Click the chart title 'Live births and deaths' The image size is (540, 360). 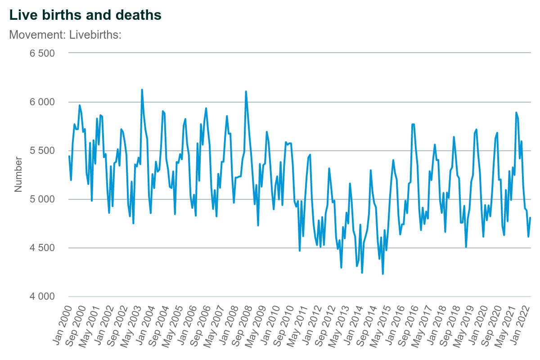(x=85, y=15)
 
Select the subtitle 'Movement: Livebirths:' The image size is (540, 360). (x=65, y=35)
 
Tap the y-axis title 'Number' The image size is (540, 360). (x=18, y=174)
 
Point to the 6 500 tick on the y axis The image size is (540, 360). (x=42, y=54)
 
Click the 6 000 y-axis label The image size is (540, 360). (x=42, y=102)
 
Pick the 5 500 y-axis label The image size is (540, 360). (x=42, y=151)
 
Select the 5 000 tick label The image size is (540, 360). (x=42, y=199)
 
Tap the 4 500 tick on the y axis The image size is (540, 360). (x=42, y=248)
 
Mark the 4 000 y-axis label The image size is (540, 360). (x=42, y=297)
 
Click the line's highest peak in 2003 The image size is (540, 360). (x=142, y=90)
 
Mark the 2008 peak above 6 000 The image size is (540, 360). (x=246, y=91)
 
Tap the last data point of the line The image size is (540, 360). (x=531, y=218)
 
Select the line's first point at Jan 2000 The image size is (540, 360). (x=69, y=156)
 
